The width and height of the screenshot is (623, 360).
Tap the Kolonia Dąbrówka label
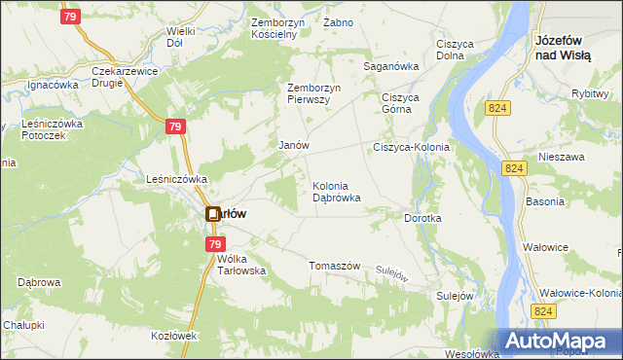click(x=337, y=192)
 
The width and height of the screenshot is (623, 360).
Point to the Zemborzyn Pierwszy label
click(x=312, y=93)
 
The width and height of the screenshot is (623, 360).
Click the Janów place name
click(x=293, y=145)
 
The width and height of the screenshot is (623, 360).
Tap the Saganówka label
click(x=389, y=66)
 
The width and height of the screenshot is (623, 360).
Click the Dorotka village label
click(x=422, y=219)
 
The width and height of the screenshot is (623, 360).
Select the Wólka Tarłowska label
click(x=239, y=265)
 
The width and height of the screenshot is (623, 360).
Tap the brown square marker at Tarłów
click(x=212, y=214)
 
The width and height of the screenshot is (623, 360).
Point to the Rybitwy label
click(x=591, y=93)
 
